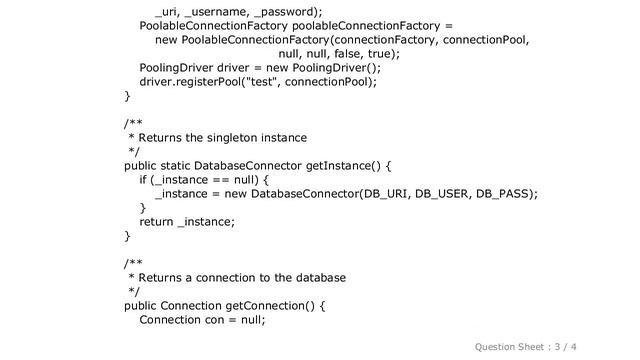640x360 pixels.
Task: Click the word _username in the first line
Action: [221, 10]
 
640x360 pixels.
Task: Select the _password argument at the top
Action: [288, 10]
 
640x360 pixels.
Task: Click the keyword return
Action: [157, 222]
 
